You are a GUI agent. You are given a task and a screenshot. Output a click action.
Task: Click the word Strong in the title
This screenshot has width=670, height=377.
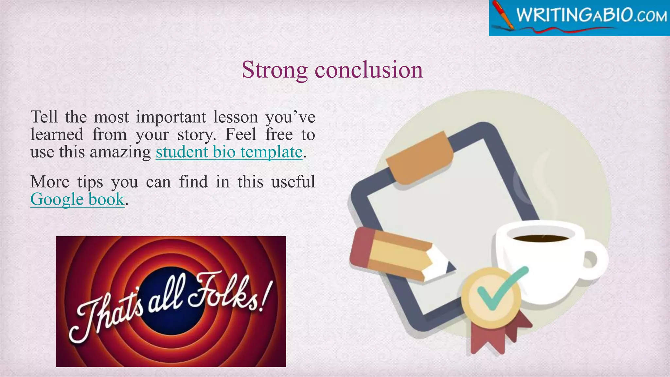click(x=274, y=70)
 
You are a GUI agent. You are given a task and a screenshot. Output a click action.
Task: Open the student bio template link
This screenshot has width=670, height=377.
click(x=229, y=152)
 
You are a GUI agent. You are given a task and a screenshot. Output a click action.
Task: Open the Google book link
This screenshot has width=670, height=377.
click(x=77, y=199)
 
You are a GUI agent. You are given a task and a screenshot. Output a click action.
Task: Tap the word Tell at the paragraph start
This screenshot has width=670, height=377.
click(x=44, y=117)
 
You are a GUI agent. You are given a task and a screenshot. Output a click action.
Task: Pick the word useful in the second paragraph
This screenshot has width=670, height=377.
click(x=293, y=182)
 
